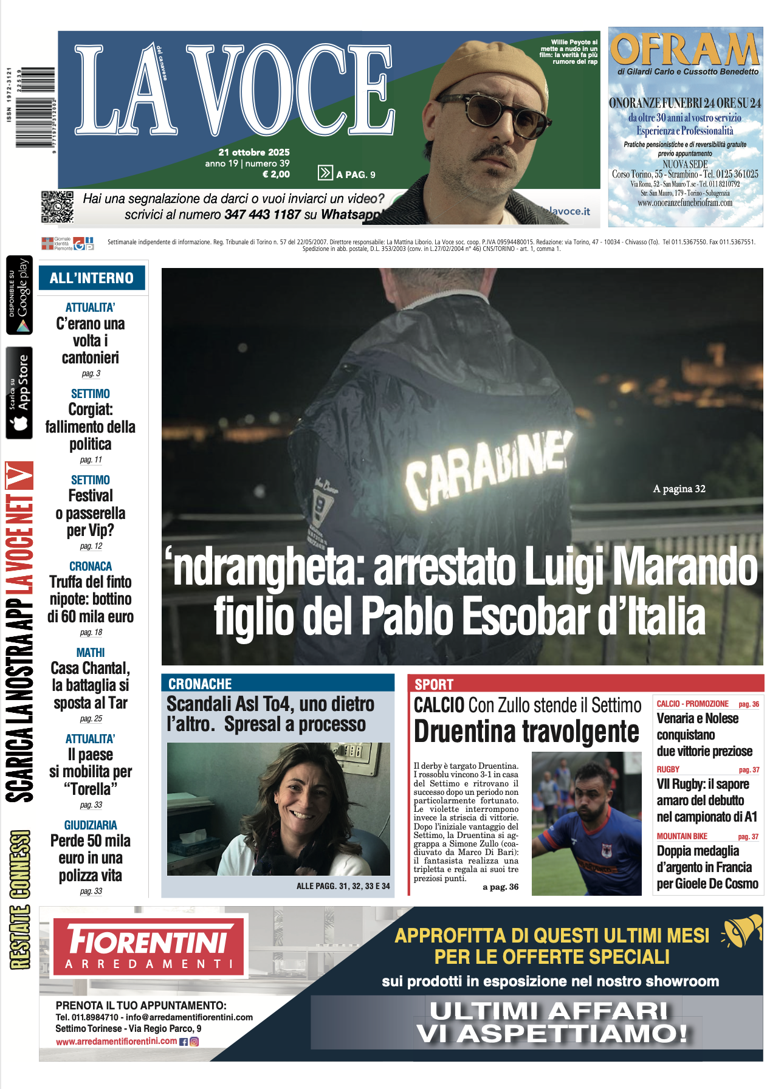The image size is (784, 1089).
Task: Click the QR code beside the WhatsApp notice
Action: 58,207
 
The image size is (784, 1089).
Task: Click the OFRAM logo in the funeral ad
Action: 685,49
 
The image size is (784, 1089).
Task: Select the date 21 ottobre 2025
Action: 254,152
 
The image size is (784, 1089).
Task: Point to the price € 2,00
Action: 276,174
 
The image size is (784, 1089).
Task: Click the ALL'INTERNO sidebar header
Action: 92,278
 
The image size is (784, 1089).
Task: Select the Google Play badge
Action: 19,295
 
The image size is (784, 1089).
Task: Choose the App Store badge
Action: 19,393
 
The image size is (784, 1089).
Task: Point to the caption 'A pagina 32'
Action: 679,489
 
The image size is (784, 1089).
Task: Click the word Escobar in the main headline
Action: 526,617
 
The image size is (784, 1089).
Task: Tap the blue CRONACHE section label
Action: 200,684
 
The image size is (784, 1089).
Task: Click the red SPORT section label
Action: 434,684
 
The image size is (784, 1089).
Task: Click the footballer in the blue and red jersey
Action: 583,826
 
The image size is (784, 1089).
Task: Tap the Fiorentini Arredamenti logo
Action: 150,947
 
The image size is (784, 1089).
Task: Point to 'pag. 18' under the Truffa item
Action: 91,632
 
